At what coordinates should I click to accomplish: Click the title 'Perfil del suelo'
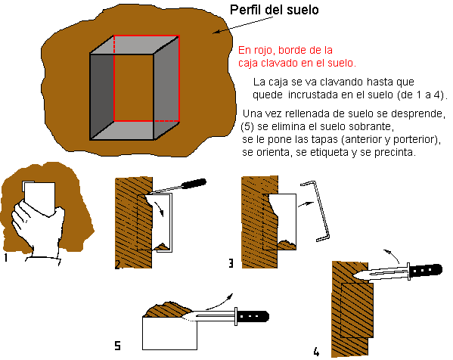point(275,10)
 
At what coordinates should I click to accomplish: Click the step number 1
point(5,257)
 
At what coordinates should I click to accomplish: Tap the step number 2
point(117,265)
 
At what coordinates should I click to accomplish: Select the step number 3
point(231,263)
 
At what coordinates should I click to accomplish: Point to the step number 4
point(316,352)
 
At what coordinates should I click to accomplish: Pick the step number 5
point(117,346)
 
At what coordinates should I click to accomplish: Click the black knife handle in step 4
point(426,270)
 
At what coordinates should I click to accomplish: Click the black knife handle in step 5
point(253,316)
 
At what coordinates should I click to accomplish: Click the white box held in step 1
point(39,197)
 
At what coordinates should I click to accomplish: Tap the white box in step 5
point(170,334)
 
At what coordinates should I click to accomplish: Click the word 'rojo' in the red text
point(265,50)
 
